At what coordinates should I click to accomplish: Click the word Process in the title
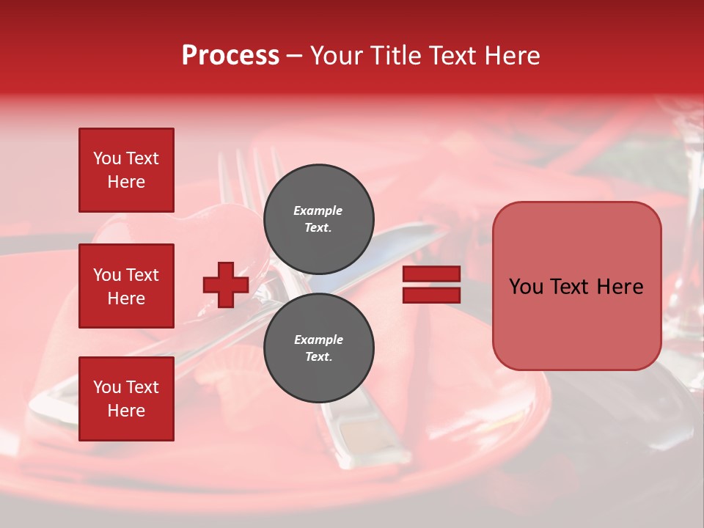pos(230,56)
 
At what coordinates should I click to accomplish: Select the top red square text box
pos(126,170)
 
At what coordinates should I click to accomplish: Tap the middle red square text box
pos(126,286)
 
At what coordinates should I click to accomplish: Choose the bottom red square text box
pos(126,399)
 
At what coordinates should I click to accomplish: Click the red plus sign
pos(226,285)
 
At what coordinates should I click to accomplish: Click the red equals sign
pos(431,285)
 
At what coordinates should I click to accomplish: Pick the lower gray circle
pos(319,348)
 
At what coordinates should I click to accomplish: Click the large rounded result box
pos(576,286)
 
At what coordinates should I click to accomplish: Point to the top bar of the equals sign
pos(431,274)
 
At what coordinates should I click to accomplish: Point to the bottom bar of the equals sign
pos(431,295)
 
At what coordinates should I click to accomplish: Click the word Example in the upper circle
pos(318,210)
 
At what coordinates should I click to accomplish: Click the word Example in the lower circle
pos(318,340)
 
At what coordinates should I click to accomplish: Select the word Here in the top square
pos(126,182)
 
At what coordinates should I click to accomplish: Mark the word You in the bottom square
pos(107,387)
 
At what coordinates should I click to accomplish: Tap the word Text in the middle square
pos(142,275)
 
